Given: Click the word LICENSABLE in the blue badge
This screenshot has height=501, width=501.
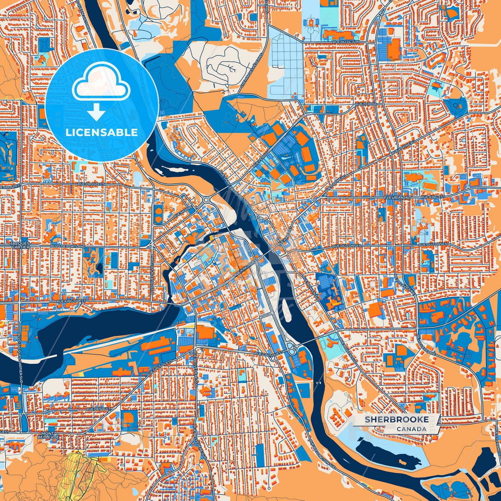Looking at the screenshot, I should point(102,132).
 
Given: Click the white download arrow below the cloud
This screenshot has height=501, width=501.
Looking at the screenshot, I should point(97,112).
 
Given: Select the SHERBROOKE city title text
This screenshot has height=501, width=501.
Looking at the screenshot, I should point(396,420).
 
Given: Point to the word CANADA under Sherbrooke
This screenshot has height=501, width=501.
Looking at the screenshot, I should point(412,429).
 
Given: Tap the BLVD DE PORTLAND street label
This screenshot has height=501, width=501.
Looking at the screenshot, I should point(68,246).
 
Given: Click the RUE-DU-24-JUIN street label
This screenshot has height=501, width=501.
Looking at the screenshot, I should point(347,42).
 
